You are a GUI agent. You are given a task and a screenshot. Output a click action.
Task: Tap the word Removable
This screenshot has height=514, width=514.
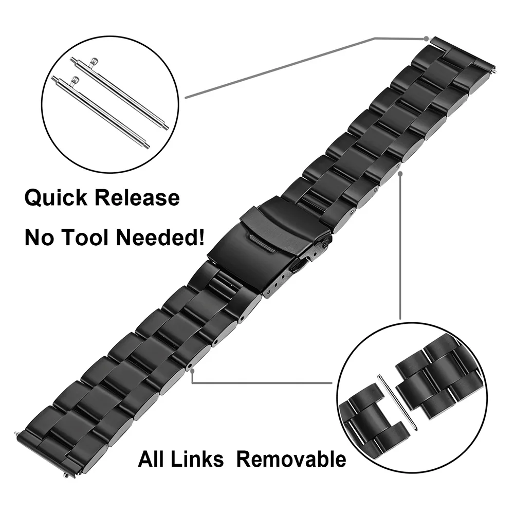click(291, 458)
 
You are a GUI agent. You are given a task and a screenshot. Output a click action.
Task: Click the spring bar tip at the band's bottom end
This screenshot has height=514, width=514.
click(20, 434)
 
